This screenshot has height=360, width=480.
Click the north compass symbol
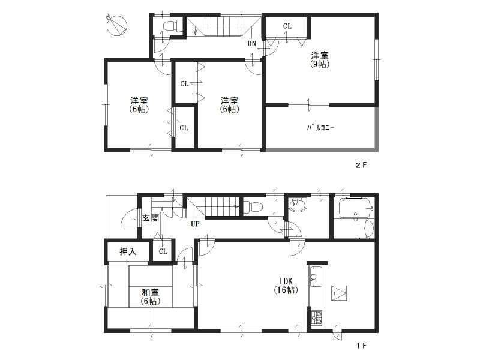pos(116,25)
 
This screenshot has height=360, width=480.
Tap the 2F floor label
pos(360,164)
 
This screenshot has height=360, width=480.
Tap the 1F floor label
pos(360,346)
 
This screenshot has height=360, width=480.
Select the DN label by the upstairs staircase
pos(252,43)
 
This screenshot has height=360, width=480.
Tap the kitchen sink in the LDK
pos(316,277)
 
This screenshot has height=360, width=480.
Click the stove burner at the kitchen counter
pos(316,317)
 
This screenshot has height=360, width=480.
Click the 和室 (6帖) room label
pos(150,296)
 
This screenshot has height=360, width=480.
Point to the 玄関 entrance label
pos(150,218)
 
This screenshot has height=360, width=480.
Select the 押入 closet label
pos(127,251)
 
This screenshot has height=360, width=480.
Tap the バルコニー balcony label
pos(320,128)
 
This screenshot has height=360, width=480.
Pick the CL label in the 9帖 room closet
pos(287,26)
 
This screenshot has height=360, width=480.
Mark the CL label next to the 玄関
pos(162,252)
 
